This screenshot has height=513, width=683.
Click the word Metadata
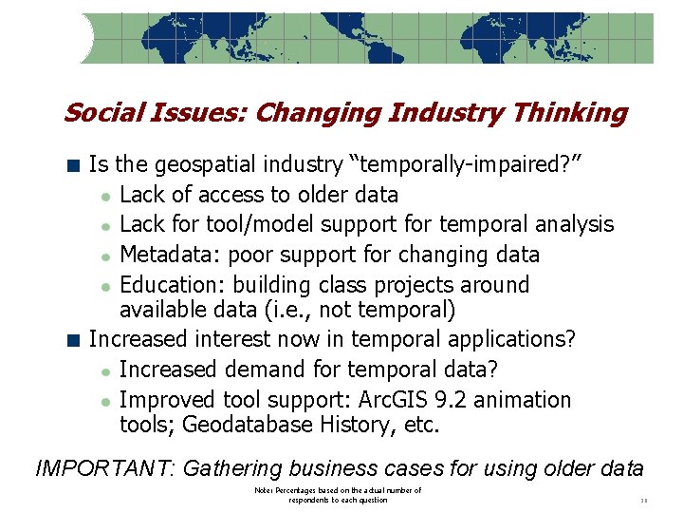[165, 255]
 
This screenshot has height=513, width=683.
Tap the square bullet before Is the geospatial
[74, 165]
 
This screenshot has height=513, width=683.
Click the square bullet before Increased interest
[74, 339]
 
